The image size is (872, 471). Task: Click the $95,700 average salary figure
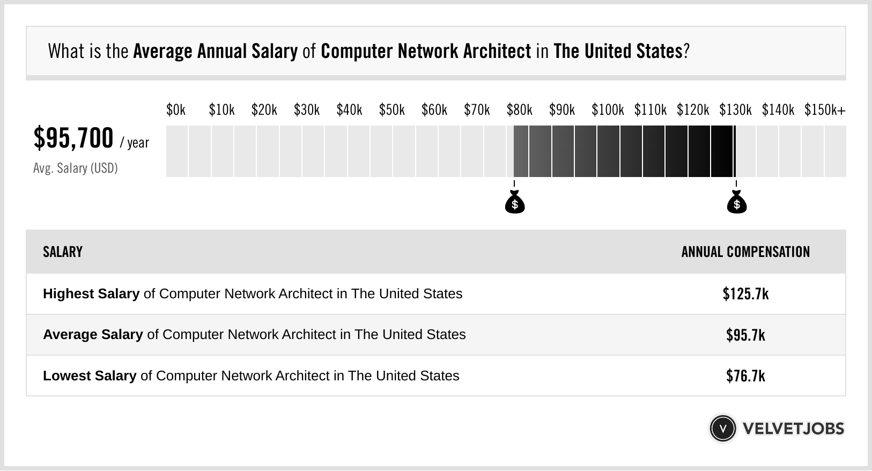point(73,138)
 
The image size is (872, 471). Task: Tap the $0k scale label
point(176,110)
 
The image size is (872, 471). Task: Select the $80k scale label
point(519,110)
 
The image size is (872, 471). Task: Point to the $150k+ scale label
point(824,110)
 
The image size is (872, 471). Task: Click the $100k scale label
point(607,110)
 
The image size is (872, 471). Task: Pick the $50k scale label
point(391,110)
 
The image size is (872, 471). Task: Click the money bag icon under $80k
point(515,203)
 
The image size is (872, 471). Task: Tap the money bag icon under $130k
point(736,203)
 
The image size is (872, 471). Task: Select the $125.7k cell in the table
point(745,294)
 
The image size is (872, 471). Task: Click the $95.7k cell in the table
point(745,335)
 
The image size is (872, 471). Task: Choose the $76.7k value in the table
point(745,376)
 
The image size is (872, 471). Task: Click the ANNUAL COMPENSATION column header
point(745,252)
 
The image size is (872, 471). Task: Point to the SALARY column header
point(63,252)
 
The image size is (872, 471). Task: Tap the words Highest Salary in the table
point(91,294)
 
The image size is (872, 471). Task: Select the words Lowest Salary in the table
point(90,376)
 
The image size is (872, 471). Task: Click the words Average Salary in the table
point(93,335)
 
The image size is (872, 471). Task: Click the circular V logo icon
point(723,429)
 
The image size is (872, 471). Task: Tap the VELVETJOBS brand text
point(793,429)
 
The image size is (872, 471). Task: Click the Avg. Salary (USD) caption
point(76,168)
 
